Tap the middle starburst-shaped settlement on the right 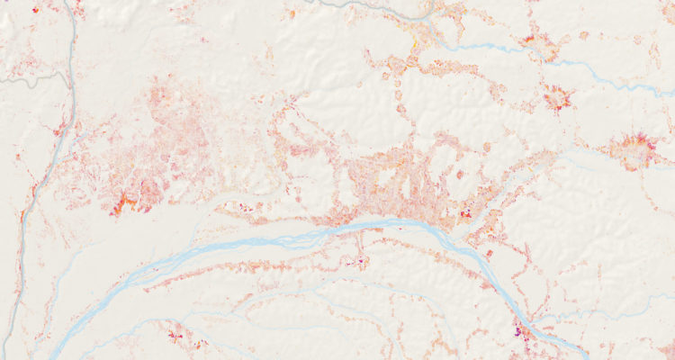[x=558, y=96]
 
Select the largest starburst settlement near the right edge [x=633, y=148]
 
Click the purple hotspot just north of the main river [x=466, y=213]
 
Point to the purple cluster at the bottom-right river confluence [x=521, y=330]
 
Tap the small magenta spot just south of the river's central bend [x=363, y=261]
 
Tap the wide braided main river [x=270, y=243]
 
